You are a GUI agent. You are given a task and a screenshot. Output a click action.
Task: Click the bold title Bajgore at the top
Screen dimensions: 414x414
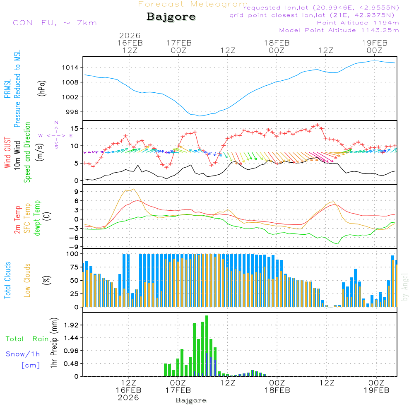171,17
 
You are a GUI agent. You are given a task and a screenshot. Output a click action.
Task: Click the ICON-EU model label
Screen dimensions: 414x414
53,23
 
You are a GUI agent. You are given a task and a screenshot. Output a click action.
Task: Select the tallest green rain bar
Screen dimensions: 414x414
207,346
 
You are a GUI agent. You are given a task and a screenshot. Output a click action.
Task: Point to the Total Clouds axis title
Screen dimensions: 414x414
7,280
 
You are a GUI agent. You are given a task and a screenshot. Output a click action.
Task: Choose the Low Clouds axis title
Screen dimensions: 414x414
28,280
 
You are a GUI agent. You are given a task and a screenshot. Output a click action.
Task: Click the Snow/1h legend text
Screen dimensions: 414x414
23,354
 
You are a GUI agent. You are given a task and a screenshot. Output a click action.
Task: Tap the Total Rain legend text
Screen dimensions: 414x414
27,339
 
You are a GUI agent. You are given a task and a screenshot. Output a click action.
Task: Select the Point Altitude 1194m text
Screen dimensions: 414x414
358,23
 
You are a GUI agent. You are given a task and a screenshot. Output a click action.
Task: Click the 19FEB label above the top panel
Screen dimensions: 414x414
375,43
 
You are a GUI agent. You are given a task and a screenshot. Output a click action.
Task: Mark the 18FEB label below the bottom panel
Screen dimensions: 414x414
277,390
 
